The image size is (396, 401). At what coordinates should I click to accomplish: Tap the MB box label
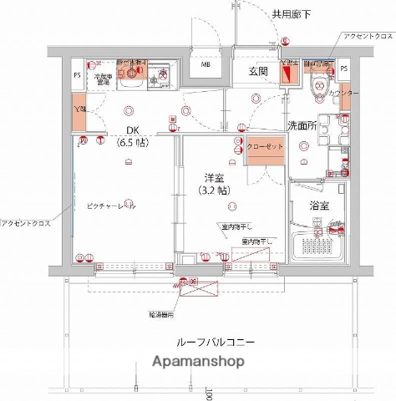[x=206, y=66]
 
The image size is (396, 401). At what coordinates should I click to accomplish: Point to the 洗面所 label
[x=301, y=124]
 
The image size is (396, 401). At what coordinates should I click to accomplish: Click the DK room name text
[x=133, y=129]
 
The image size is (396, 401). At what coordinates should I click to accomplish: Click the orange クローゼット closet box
[x=266, y=147]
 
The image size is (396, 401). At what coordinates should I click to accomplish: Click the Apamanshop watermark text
[x=198, y=363]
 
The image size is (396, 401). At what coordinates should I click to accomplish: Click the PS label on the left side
[x=76, y=74]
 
